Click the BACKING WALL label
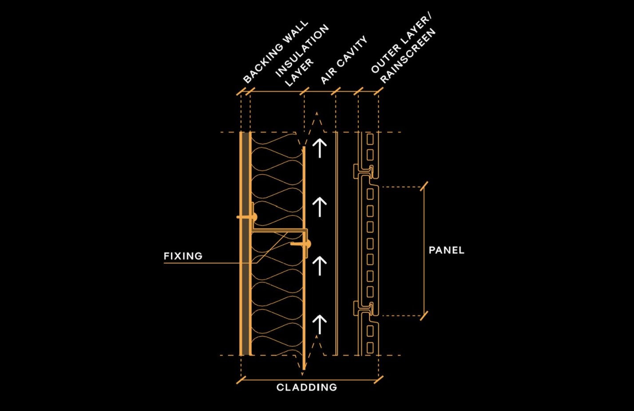tap(275, 52)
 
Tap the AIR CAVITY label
tap(344, 60)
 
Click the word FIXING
tap(183, 256)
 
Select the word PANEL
tap(446, 250)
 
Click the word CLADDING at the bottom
tap(306, 387)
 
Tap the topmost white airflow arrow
tap(320, 148)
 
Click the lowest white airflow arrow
tap(320, 324)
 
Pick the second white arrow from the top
tap(320, 207)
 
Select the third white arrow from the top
tap(320, 266)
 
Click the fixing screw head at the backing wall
tap(254, 217)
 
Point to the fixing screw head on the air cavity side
tap(307, 244)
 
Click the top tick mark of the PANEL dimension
tap(424, 186)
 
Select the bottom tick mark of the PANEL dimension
tap(424, 316)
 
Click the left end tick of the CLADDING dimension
tap(241, 380)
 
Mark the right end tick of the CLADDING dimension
tap(379, 380)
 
